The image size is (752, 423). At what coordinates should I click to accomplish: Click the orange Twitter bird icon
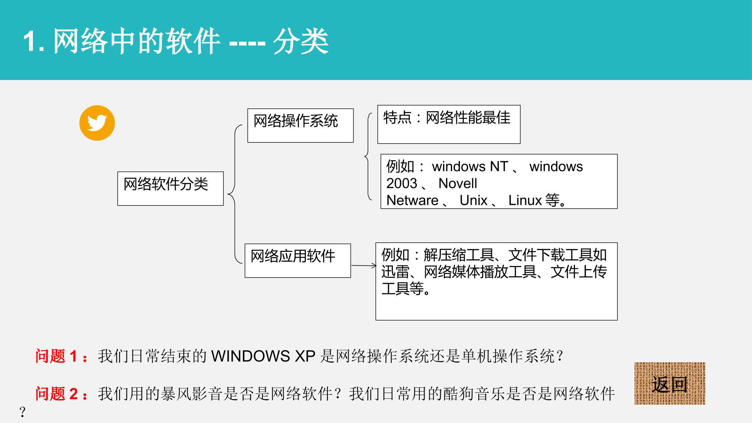coord(97,123)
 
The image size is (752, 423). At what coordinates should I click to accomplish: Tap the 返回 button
coord(670,383)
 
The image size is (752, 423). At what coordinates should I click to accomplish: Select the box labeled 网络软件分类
coord(170,188)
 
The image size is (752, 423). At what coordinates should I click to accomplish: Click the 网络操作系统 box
coord(300,125)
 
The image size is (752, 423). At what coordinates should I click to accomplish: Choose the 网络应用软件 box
coord(298,260)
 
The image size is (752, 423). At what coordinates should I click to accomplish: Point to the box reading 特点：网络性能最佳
coord(449,124)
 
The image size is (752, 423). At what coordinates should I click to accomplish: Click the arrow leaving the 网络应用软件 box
coord(364,266)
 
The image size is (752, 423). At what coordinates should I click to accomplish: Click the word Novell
coord(458,183)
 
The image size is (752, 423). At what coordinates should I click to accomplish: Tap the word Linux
coord(525,200)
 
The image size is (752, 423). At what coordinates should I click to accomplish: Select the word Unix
coord(474,200)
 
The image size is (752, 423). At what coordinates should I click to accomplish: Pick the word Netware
coord(412,200)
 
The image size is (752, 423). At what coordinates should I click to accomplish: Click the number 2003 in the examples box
coord(402,183)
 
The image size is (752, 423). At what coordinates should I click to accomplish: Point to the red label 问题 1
coord(56,356)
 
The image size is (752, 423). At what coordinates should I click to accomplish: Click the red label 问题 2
coord(56,394)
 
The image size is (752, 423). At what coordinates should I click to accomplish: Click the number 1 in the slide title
coord(31,41)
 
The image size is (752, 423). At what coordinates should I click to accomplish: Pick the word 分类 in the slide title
coord(301,41)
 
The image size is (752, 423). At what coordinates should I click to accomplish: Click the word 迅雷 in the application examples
coord(396,272)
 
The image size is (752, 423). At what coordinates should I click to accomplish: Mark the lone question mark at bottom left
coord(22,412)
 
